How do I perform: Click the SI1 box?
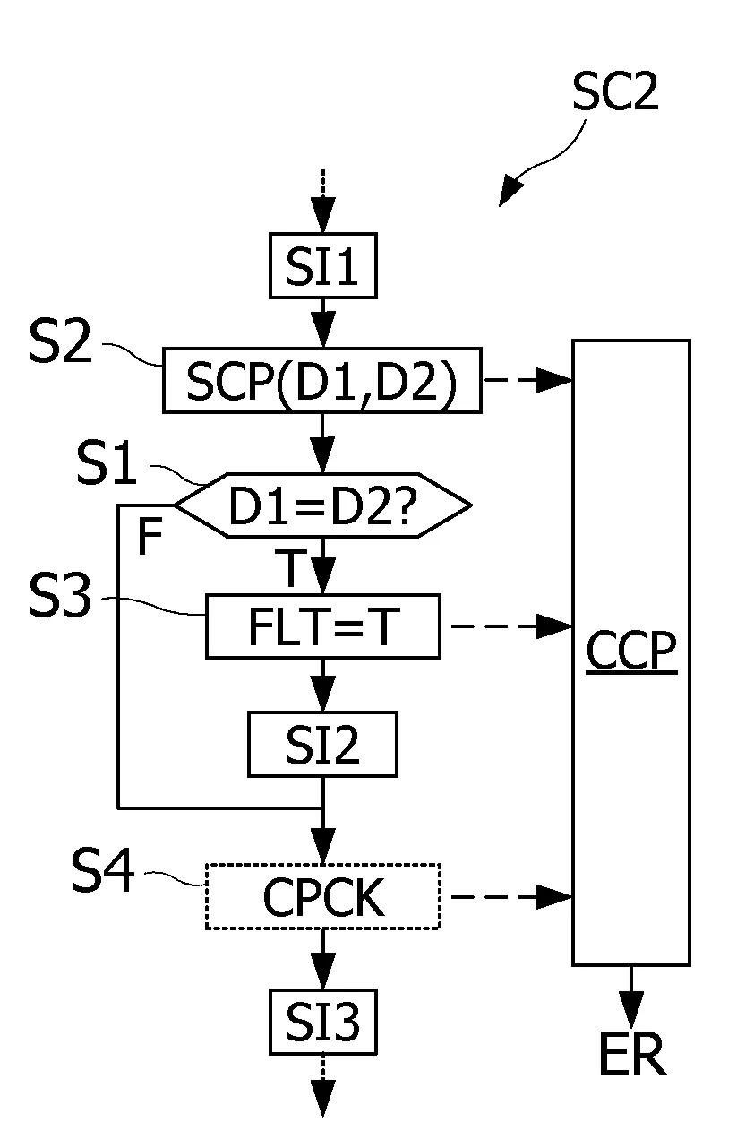pyautogui.click(x=323, y=265)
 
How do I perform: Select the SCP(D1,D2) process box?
pyautogui.click(x=322, y=380)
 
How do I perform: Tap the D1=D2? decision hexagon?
pyautogui.click(x=323, y=505)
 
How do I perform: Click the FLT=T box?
pyautogui.click(x=323, y=626)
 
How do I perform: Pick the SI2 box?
pyautogui.click(x=323, y=744)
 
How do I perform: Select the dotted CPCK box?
pyautogui.click(x=323, y=897)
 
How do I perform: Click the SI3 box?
pyautogui.click(x=323, y=1022)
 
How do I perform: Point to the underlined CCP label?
pyautogui.click(x=631, y=652)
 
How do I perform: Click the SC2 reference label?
pyautogui.click(x=615, y=91)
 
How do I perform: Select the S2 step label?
pyautogui.click(x=61, y=341)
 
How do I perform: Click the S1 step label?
pyautogui.click(x=107, y=463)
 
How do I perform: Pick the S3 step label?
pyautogui.click(x=61, y=595)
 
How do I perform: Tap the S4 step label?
pyautogui.click(x=103, y=870)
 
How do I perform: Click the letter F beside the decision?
pyautogui.click(x=150, y=536)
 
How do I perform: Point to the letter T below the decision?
pyautogui.click(x=290, y=568)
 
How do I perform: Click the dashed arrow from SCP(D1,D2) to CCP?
pyautogui.click(x=527, y=380)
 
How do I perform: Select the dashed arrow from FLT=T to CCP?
pyautogui.click(x=511, y=626)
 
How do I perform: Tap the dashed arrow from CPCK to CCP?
pyautogui.click(x=511, y=897)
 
